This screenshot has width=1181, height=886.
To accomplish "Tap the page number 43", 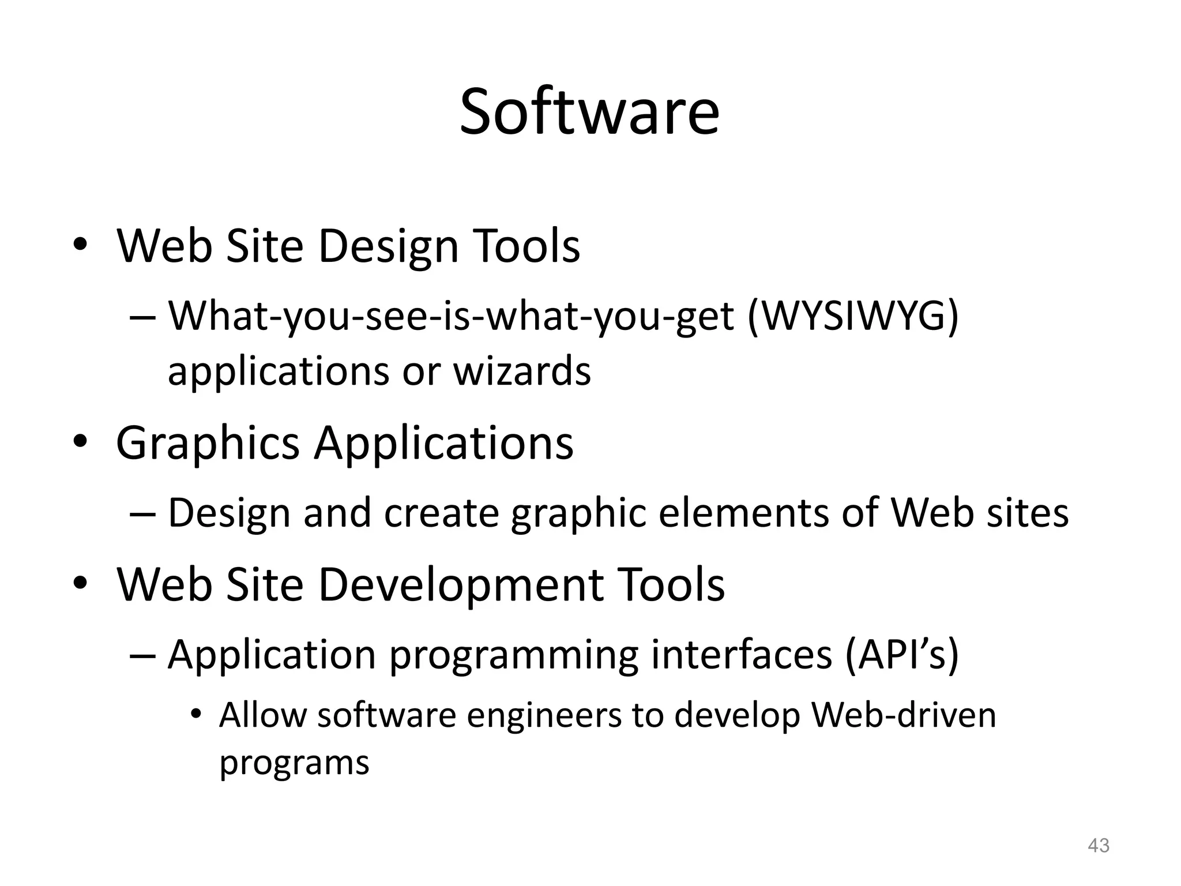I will click(x=1098, y=846).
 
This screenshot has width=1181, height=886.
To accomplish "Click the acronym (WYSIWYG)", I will click(x=853, y=316).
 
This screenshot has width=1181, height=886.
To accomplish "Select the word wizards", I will click(x=522, y=371).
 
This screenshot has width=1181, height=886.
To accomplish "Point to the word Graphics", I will click(x=208, y=443).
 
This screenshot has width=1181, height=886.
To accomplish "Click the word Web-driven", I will click(x=904, y=715).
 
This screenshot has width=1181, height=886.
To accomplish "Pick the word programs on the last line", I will click(x=294, y=763).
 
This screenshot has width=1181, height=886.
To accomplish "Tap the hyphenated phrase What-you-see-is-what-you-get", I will click(x=451, y=317).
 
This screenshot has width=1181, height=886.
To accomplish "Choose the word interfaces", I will click(x=742, y=655).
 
